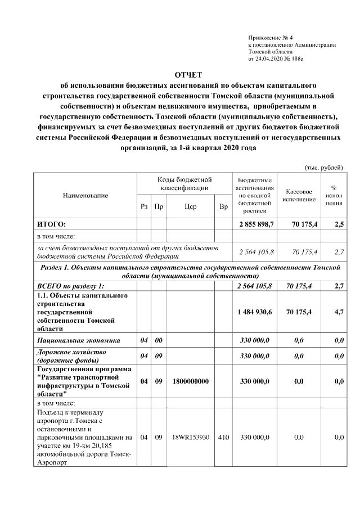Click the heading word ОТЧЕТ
[x=187, y=75]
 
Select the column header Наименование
[x=85, y=195]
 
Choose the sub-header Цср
[x=190, y=207]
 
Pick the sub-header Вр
[x=223, y=207]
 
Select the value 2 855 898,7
[x=256, y=224]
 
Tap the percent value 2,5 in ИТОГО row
[x=339, y=224]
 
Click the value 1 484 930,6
[x=256, y=312]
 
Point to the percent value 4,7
[x=339, y=312]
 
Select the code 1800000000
[x=190, y=381]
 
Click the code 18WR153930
[x=190, y=437]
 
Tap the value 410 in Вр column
[x=223, y=437]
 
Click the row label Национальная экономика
[x=71, y=340]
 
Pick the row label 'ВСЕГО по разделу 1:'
[x=70, y=286]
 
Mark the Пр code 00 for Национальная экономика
[x=159, y=340]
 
